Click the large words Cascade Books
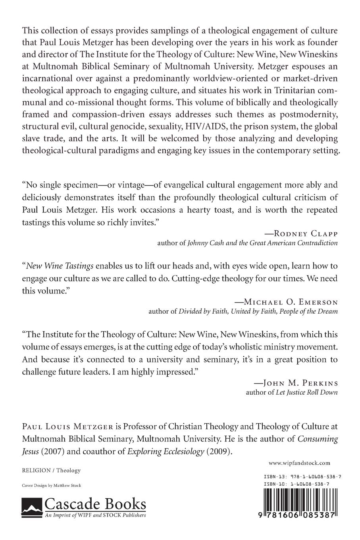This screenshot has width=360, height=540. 95,505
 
